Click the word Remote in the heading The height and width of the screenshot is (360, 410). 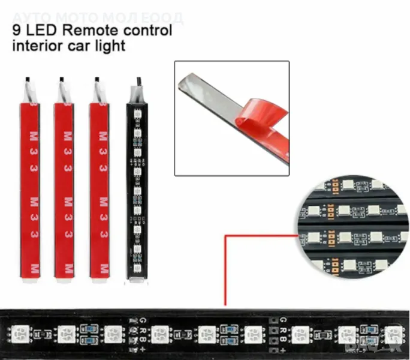(88, 30)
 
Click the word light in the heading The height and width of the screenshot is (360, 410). (111, 46)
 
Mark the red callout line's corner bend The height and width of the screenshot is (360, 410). (226, 236)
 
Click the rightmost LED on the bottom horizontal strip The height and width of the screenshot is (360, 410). (393, 332)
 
